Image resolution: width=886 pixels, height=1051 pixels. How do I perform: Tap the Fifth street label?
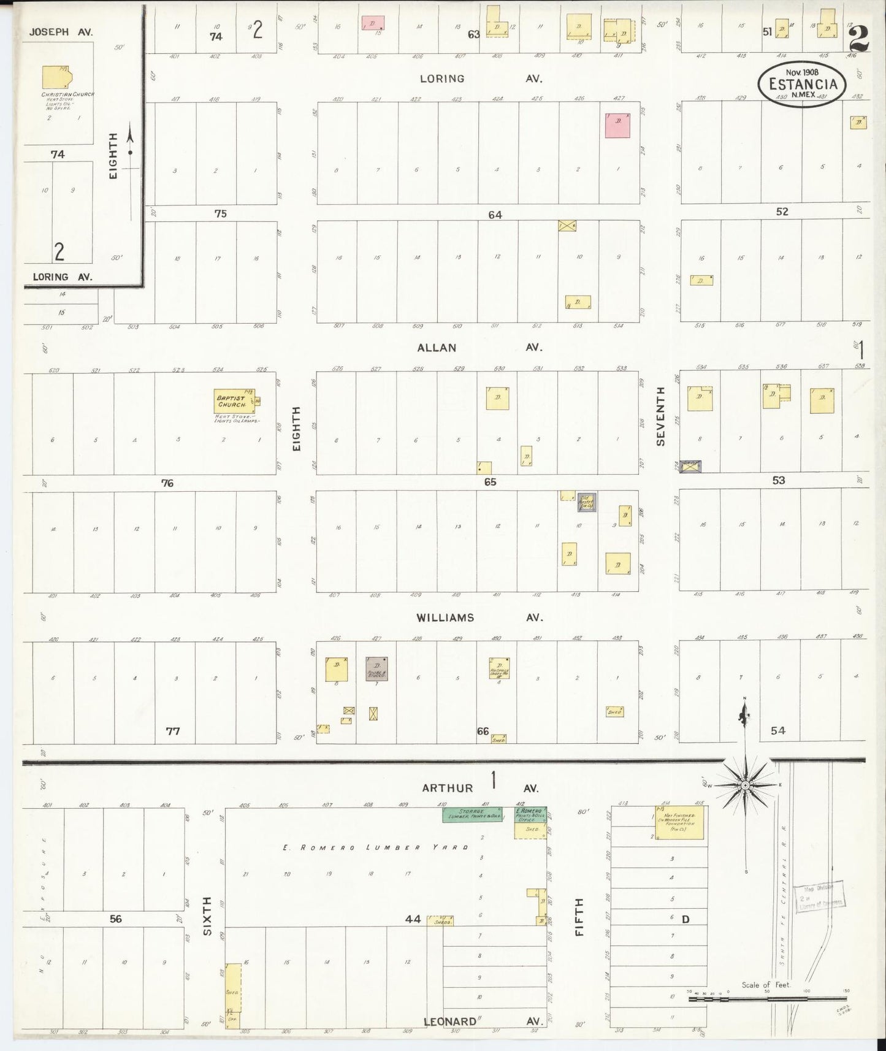point(579,917)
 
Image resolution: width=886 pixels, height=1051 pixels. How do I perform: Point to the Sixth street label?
point(207,915)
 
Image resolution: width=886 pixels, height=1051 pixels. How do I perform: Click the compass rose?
point(745,785)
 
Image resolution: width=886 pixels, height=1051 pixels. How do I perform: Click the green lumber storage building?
point(472,814)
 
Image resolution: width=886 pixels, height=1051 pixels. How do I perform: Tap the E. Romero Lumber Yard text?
point(376,847)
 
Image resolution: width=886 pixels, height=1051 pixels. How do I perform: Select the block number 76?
point(167,483)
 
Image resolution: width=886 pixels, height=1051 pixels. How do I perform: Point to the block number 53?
point(778,480)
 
